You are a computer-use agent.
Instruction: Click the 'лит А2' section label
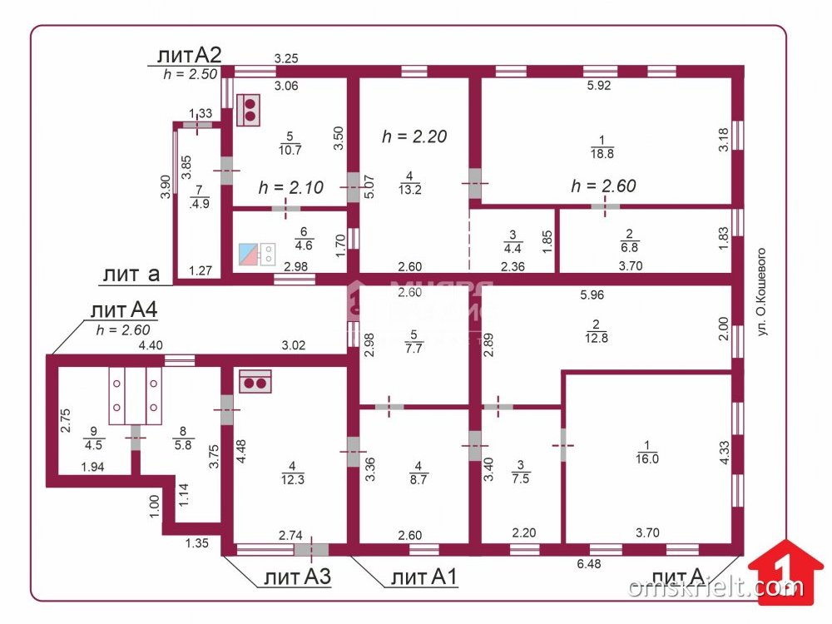(188, 56)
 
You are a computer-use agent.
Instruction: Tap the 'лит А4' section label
(124, 310)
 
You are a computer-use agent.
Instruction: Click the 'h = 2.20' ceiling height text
(414, 136)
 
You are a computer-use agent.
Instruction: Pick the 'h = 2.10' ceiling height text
(290, 187)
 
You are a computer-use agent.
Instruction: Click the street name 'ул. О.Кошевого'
(761, 290)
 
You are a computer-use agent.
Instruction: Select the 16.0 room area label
(647, 453)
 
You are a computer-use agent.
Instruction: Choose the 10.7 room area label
(290, 144)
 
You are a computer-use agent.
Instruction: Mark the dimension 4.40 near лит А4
(151, 345)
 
